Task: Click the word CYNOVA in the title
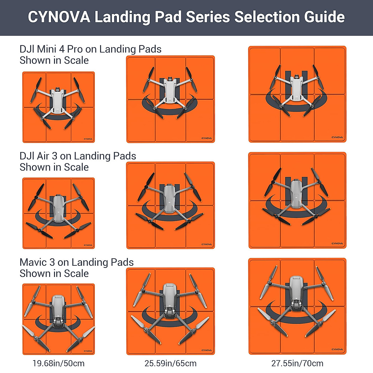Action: point(59,17)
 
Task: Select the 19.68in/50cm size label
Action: point(58,363)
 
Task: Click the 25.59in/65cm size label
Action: point(170,363)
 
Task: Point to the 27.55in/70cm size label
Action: point(297,363)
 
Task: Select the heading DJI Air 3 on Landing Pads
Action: point(78,156)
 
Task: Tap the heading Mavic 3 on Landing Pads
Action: point(76,262)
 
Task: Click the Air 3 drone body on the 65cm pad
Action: point(169,198)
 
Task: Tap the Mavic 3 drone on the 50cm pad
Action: point(58,312)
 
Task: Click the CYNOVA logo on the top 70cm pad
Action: point(337,137)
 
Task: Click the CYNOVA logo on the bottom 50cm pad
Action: point(88,351)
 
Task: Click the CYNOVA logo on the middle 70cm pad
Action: point(337,243)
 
